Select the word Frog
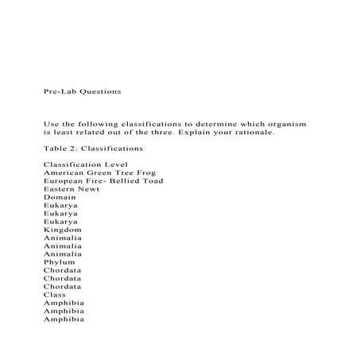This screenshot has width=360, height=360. pos(144,172)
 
